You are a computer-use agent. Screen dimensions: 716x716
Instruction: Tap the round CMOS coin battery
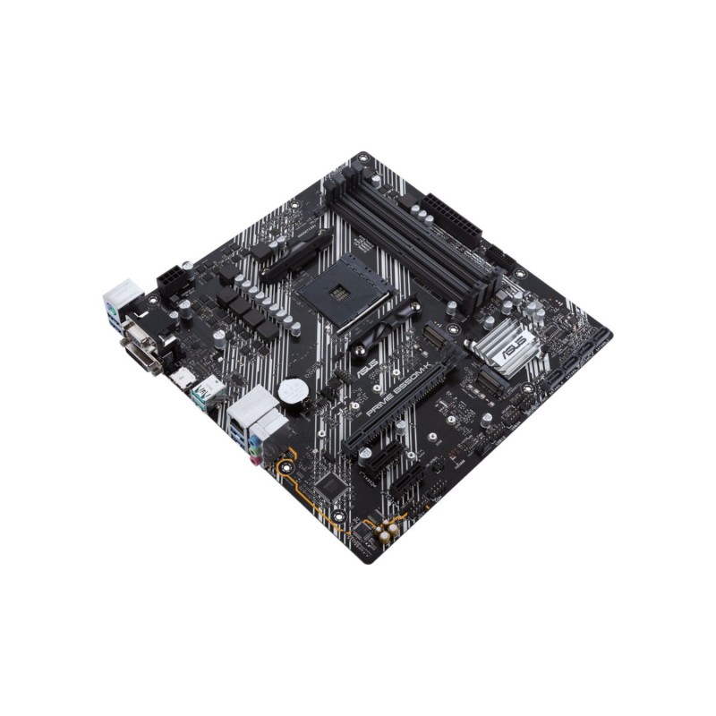point(289,390)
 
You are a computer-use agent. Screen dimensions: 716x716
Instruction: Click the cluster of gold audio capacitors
point(388,534)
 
